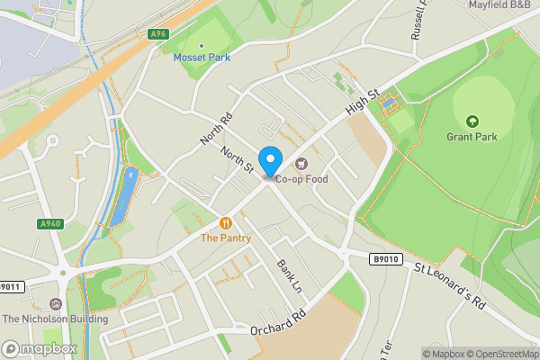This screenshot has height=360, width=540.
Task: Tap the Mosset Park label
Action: (201, 58)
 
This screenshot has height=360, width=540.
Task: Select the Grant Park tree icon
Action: (472, 121)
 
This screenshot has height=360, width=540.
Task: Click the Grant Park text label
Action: (472, 138)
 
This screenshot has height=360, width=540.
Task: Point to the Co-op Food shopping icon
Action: (301, 164)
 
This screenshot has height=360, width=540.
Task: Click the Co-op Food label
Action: (301, 179)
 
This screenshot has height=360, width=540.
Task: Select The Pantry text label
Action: (225, 238)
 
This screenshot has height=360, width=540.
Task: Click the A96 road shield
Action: (158, 34)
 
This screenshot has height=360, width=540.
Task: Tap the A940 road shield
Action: (50, 224)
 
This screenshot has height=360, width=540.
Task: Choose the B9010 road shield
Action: (383, 258)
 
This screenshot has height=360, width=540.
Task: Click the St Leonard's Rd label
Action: (450, 285)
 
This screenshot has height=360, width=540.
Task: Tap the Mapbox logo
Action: (40, 348)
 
